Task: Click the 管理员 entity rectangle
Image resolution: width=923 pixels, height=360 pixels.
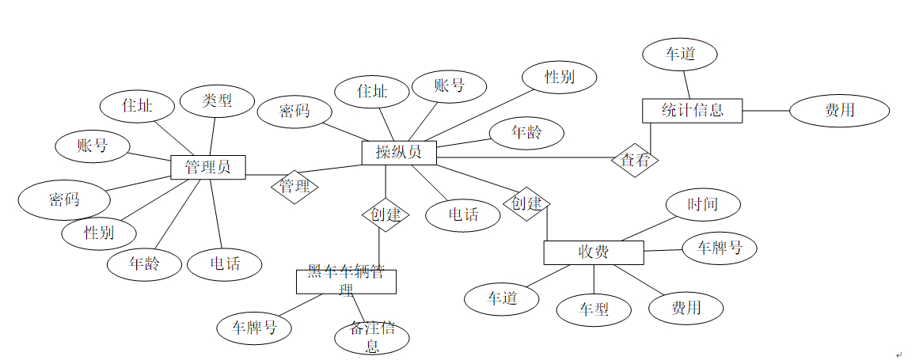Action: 208,167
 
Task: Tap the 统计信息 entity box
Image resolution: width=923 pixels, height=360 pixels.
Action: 691,110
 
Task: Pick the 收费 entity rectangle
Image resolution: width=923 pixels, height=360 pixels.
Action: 593,252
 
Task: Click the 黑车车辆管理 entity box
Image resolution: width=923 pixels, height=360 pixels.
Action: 346,282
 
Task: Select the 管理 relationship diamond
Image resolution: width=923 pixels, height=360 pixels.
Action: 294,188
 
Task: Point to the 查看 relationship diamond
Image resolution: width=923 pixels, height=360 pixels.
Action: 635,161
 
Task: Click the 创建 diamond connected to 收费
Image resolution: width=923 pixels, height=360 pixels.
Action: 526,203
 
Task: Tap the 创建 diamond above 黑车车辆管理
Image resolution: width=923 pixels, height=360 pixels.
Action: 386,214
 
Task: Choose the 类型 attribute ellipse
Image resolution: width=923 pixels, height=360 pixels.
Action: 217,101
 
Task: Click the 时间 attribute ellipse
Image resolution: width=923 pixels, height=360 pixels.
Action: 703,205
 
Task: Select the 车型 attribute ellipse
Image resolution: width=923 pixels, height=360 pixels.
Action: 594,309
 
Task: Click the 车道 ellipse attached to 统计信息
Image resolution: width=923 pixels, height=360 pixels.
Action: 680,55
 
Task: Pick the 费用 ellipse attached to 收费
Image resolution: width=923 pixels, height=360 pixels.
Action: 686,307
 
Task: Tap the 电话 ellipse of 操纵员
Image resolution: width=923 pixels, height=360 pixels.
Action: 463,214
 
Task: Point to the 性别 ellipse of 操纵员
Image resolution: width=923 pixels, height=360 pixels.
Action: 560,77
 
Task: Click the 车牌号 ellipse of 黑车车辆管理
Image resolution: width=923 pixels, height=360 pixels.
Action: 254,327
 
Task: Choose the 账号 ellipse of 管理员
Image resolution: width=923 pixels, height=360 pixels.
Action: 93,146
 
